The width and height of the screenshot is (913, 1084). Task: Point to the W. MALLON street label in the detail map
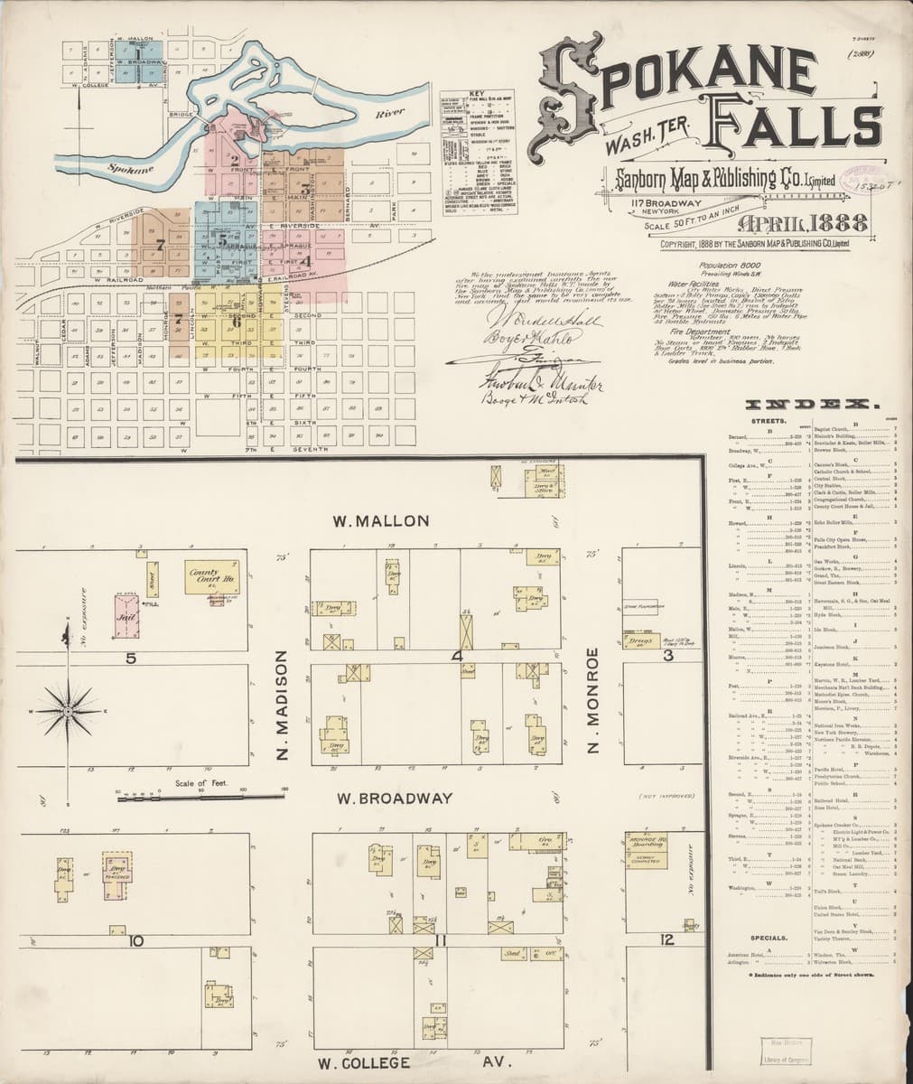click(368, 521)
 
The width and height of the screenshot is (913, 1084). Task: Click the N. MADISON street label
click(282, 706)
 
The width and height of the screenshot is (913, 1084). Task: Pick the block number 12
click(667, 941)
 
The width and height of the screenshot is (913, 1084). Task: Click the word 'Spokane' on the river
click(124, 167)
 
